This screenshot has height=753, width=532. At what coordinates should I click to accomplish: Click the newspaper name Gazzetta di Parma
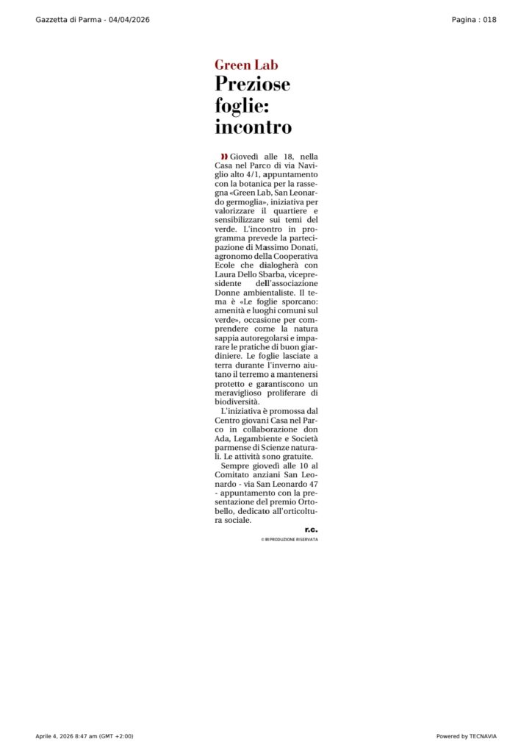point(70,19)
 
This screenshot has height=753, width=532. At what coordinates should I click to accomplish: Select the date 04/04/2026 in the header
point(129,19)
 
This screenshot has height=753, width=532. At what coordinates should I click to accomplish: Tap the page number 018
point(489,19)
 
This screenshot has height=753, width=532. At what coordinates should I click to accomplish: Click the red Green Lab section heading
point(246,65)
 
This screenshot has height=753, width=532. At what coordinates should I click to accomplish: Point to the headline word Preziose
point(252,85)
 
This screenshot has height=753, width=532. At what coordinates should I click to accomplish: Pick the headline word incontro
point(253,127)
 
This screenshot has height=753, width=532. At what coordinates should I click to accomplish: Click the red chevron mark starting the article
point(224,157)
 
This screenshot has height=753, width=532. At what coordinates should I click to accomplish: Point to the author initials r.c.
point(312,529)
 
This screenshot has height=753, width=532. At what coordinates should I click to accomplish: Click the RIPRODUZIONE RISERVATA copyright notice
point(290,540)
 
